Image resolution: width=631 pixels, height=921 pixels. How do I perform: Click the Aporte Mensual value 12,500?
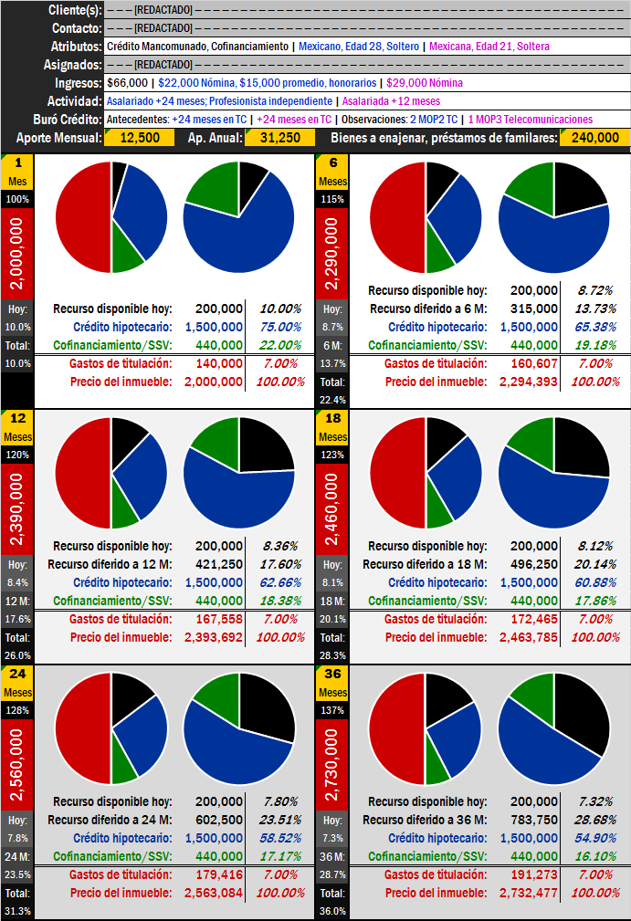[140, 138]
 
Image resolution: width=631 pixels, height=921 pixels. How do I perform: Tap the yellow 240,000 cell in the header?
[594, 138]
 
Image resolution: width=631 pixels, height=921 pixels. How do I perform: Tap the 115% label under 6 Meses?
[332, 199]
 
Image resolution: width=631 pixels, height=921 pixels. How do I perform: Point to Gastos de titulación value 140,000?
[218, 363]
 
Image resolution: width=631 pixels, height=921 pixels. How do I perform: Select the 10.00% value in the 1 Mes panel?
[279, 309]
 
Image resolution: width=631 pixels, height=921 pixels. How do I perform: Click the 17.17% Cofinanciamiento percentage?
[279, 856]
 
